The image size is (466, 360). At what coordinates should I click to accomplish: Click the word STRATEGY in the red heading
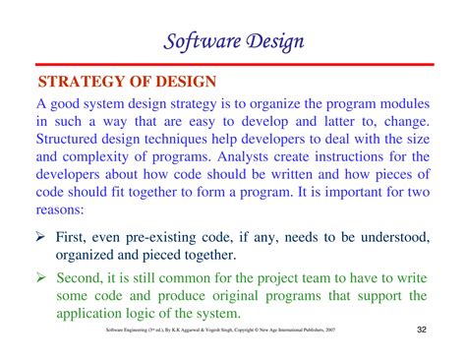84,80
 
